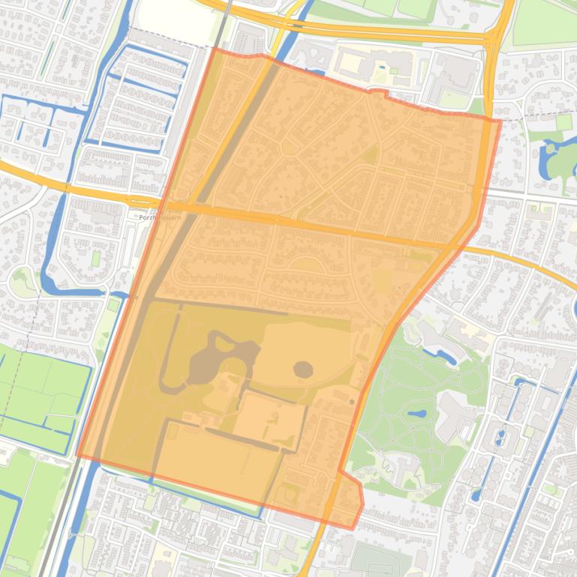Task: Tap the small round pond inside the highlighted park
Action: point(302,369)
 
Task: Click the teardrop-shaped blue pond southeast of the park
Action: point(476,494)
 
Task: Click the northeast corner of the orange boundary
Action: point(500,120)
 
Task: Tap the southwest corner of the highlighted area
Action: point(77,454)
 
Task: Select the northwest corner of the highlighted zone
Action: point(215,49)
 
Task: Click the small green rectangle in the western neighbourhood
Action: point(95,258)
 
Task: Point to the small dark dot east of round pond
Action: point(352,402)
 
